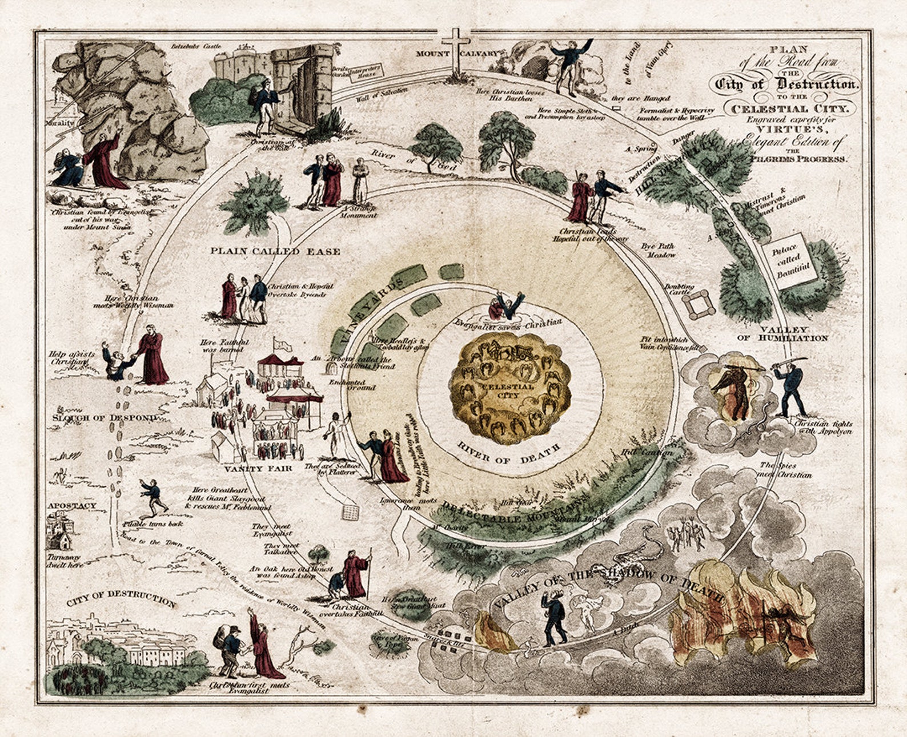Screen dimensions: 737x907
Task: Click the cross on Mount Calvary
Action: [x=455, y=48]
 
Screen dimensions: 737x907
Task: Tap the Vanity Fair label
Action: [x=250, y=468]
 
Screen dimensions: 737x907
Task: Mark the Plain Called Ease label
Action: [x=275, y=251]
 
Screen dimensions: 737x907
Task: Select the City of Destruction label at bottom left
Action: [x=121, y=599]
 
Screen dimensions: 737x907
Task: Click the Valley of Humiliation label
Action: [x=783, y=333]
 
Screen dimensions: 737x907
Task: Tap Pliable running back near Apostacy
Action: [x=153, y=496]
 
